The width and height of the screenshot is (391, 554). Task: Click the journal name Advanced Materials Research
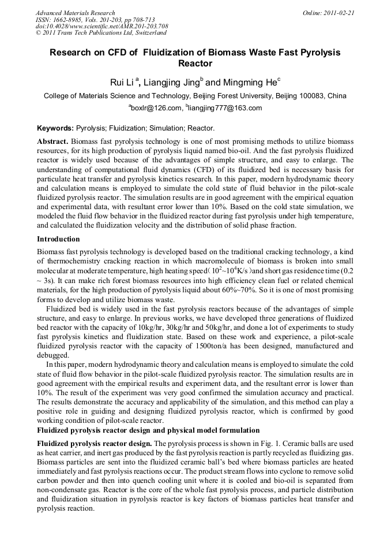point(75,13)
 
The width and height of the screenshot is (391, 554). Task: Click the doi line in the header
point(101,27)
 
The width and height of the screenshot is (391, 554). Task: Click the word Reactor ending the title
point(195,64)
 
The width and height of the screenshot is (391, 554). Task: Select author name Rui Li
point(122,83)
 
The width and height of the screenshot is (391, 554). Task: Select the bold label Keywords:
point(55,128)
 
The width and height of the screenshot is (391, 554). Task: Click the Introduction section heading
point(58,239)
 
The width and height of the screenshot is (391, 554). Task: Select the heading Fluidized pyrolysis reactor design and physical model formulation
point(148,430)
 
